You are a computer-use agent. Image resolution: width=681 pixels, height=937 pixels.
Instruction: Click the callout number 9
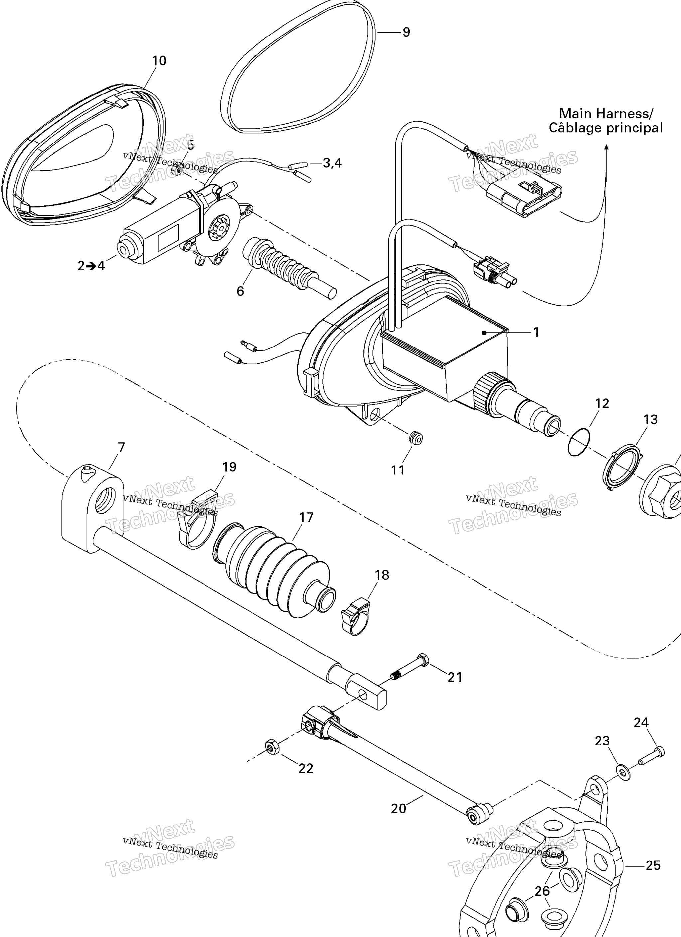pos(406,32)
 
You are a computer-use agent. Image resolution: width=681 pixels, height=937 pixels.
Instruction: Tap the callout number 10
pos(159,61)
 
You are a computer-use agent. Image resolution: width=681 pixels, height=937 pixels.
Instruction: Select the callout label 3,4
pos(332,163)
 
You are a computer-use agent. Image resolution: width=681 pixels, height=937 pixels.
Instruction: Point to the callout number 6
pos(240,291)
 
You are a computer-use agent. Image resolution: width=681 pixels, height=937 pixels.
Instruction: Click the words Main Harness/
pos(606,113)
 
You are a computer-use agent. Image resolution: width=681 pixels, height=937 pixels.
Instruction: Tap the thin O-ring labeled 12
pos(579,443)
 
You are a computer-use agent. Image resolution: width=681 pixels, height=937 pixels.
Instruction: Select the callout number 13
pos(650,419)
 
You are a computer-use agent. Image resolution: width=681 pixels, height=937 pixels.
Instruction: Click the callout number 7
pos(121,448)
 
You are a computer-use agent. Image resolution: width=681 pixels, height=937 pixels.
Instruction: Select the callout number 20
pos(398,809)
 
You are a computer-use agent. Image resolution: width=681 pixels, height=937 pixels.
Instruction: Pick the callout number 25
pos(653,865)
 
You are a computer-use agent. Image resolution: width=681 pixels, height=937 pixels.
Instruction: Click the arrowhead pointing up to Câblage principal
pos(606,147)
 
